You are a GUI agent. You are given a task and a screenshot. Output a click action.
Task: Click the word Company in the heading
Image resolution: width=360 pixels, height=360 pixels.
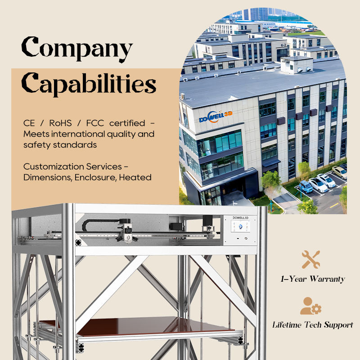point(77,49)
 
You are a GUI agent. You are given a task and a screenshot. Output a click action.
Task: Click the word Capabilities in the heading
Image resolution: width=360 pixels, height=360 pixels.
point(89,84)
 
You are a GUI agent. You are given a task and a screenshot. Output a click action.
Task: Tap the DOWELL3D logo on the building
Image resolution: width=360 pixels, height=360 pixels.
point(216,117)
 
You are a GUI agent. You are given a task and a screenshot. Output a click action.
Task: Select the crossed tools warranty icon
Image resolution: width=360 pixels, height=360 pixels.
point(310,260)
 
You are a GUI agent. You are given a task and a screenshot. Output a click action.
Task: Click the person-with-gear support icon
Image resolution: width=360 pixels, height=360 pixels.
point(310,306)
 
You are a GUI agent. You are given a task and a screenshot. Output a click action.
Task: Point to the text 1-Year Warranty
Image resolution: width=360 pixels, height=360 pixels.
point(313,279)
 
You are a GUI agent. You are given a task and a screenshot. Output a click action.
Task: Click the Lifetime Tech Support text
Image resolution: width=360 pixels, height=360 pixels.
point(313,325)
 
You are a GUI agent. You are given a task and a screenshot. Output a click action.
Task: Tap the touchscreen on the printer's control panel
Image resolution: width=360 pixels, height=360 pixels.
point(240,226)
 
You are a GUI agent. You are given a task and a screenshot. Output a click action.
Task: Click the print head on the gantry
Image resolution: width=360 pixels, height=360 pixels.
point(127,233)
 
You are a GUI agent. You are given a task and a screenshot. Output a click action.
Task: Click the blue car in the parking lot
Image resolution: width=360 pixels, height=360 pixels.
point(306,186)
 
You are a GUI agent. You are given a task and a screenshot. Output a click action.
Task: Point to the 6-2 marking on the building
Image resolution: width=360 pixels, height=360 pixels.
point(284,45)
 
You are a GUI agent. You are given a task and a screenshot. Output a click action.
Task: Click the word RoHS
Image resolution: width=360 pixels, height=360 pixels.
point(60,123)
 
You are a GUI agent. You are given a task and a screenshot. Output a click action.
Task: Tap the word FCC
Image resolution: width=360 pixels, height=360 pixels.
point(95,123)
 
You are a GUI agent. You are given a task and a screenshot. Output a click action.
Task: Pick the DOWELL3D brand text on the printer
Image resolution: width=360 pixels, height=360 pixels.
point(240,218)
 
